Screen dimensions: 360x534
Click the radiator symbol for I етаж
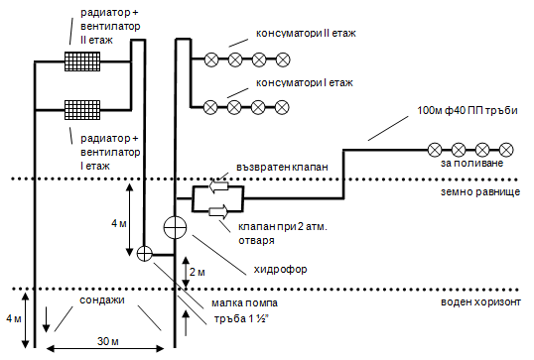[83, 107]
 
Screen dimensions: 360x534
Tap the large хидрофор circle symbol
[176, 227]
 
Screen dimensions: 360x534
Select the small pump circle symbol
[145, 253]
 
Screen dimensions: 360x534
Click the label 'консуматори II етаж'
[305, 33]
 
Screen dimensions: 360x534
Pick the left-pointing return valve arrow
[217, 185]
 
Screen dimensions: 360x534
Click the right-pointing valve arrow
[217, 209]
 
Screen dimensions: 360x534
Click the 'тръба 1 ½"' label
[244, 319]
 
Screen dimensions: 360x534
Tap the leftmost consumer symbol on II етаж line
[211, 60]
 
